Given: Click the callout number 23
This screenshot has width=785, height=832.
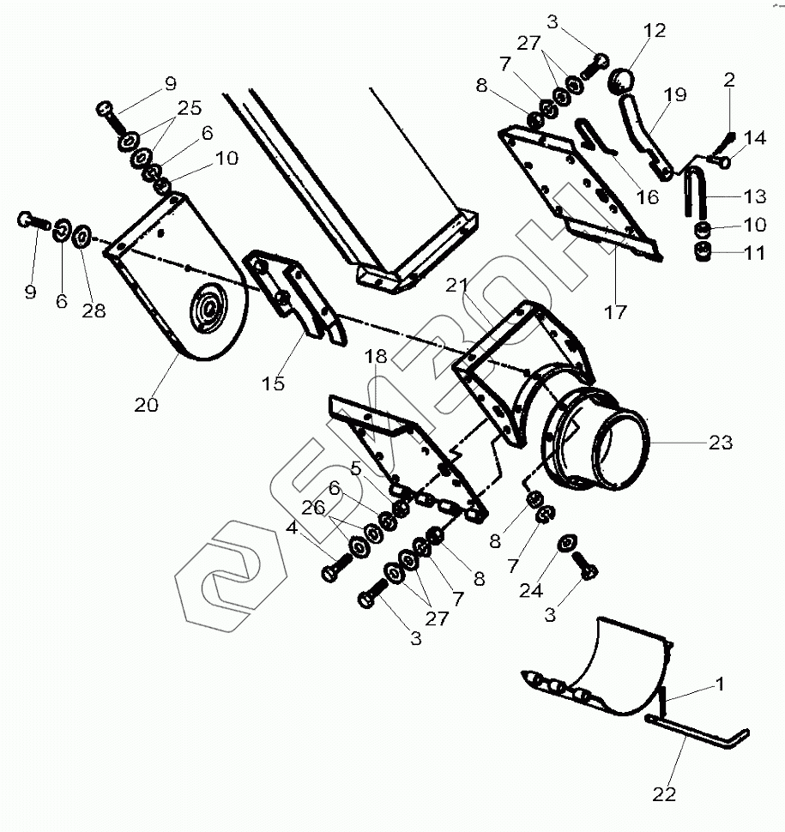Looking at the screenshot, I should tap(720, 443).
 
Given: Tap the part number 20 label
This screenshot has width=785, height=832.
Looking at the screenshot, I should tap(146, 405).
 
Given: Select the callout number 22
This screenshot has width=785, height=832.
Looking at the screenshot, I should tap(665, 795).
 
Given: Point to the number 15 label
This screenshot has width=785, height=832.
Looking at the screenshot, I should tap(273, 383).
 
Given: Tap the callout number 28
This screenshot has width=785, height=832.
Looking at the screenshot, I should tap(94, 310).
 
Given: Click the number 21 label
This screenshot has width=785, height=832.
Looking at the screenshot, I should tap(456, 285).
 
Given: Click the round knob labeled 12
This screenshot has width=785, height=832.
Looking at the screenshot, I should tap(623, 83).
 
